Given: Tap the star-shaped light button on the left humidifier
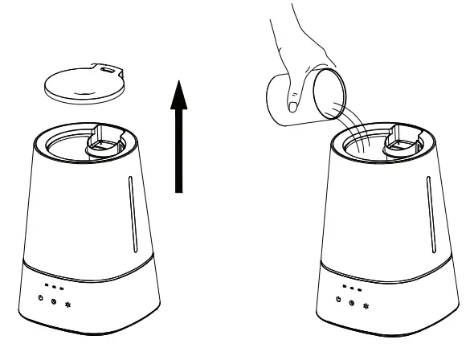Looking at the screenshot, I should [x=67, y=305].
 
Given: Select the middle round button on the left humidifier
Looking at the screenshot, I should [x=53, y=303].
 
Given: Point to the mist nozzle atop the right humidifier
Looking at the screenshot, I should [x=402, y=141].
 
